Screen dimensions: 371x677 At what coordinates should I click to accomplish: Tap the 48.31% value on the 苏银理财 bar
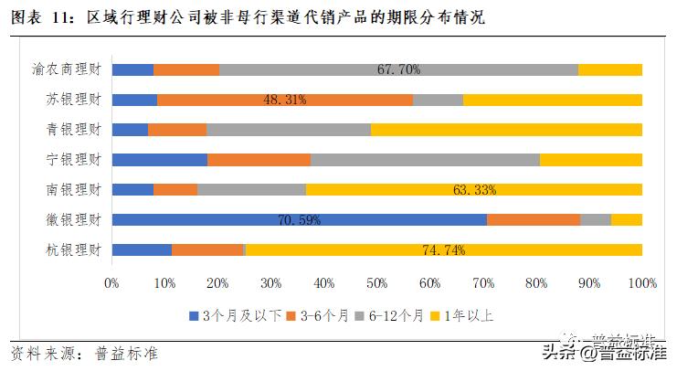click(x=284, y=100)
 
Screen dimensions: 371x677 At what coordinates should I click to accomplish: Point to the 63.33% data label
click(x=474, y=190)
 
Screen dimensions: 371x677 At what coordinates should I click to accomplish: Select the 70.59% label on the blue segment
click(x=298, y=220)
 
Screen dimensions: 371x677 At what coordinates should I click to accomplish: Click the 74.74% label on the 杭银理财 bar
click(x=444, y=250)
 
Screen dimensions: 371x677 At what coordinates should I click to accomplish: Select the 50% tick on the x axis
click(x=376, y=283)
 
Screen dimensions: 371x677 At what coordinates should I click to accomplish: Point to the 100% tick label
click(x=641, y=283)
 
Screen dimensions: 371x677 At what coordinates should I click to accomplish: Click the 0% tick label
click(x=111, y=283)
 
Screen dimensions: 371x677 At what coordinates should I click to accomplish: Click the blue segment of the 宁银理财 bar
click(x=159, y=160)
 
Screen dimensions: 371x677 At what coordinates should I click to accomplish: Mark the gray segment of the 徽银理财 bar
click(x=595, y=219)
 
